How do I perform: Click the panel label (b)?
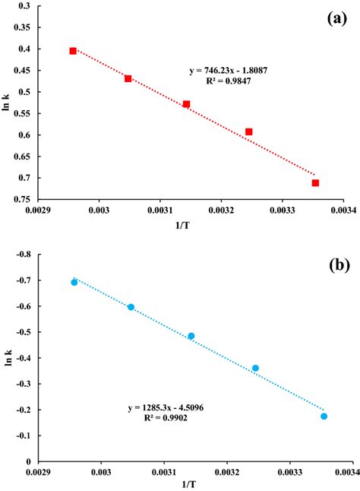click(337, 267)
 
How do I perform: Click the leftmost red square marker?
click(73, 51)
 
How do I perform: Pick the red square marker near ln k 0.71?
click(315, 182)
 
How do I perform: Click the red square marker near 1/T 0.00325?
click(248, 131)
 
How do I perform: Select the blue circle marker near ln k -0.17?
click(324, 416)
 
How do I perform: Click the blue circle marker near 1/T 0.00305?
click(131, 307)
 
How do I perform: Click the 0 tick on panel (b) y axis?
click(30, 461)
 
